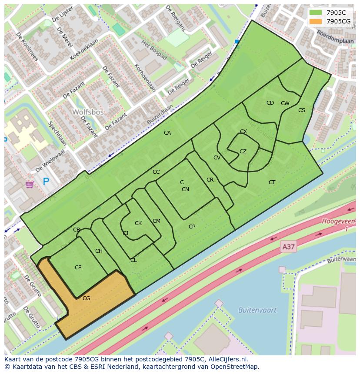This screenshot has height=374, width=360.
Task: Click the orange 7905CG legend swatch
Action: click(316, 21)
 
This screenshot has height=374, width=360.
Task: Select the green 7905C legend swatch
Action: click(316, 13)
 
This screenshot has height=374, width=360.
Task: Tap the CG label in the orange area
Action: click(86, 298)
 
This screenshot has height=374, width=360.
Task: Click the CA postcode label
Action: click(167, 133)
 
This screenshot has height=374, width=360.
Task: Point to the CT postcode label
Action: click(272, 182)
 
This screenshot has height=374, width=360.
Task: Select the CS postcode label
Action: click(301, 110)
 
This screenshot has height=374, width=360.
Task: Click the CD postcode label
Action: click(270, 103)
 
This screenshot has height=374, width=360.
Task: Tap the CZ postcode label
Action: click(243, 152)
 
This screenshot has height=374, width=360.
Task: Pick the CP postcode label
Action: click(192, 227)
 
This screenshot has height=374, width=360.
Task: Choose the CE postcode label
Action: click(78, 268)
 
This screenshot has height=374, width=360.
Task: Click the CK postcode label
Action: click(138, 223)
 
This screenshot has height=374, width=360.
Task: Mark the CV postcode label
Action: click(217, 158)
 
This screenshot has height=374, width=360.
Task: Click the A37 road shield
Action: click(288, 247)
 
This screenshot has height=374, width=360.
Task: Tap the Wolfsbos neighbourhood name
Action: click(88, 112)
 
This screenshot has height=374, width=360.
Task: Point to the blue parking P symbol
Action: click(46, 182)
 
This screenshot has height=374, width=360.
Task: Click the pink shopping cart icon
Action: click(30, 185)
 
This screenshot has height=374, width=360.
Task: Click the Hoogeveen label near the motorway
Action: click(339, 221)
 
